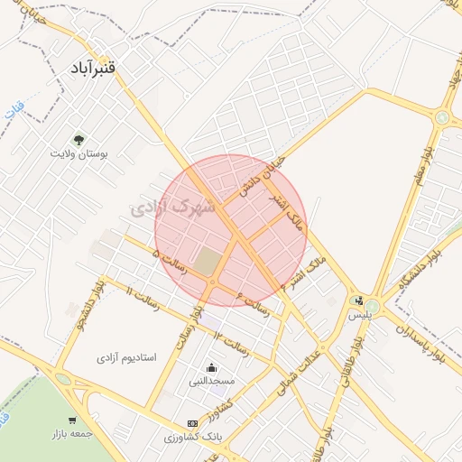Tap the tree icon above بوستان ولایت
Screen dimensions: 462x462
click(79, 140)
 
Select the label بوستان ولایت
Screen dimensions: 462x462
click(79, 155)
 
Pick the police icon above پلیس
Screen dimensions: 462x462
click(360, 300)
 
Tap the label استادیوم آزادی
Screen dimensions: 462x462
click(126, 357)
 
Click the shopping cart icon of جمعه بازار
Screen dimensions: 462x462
click(73, 420)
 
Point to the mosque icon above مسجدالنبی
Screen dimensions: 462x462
click(211, 367)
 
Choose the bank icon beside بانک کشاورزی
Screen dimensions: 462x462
click(191, 422)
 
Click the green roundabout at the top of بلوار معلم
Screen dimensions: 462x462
click(442, 117)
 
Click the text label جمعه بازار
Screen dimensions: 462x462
click(73, 436)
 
